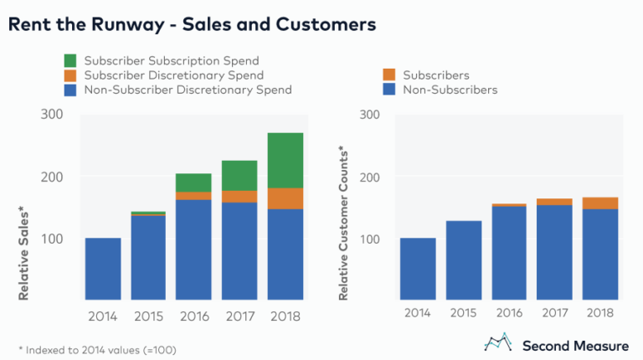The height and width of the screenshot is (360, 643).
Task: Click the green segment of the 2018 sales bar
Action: tap(285, 160)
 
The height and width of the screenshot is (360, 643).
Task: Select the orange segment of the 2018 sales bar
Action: tap(285, 198)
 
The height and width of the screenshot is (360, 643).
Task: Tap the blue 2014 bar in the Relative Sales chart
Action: tap(103, 269)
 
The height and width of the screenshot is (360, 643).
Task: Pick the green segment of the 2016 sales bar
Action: tap(194, 183)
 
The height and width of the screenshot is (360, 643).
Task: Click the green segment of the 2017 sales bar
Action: tap(239, 175)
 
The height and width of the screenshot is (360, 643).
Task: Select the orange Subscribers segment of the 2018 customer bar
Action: tap(599, 203)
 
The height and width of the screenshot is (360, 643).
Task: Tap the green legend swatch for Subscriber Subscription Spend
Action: tap(70, 61)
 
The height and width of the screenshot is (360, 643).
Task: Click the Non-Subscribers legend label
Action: tap(450, 90)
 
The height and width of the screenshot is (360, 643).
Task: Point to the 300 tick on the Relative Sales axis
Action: tap(54, 115)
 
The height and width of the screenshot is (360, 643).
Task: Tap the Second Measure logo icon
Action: tap(497, 342)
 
